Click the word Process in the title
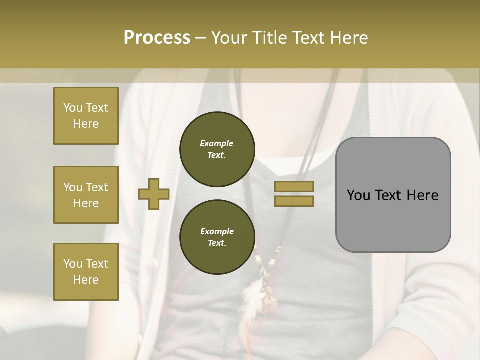(157, 37)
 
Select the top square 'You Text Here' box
(86, 116)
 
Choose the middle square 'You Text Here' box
(86, 195)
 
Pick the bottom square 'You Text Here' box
(86, 272)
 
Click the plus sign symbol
(154, 194)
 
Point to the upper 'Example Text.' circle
(217, 149)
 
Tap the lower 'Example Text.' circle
(217, 237)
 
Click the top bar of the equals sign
(294, 186)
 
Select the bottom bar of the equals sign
(294, 201)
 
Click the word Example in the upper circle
(217, 143)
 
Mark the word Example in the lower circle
(217, 231)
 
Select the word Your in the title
(227, 37)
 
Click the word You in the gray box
(358, 195)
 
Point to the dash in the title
(200, 38)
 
